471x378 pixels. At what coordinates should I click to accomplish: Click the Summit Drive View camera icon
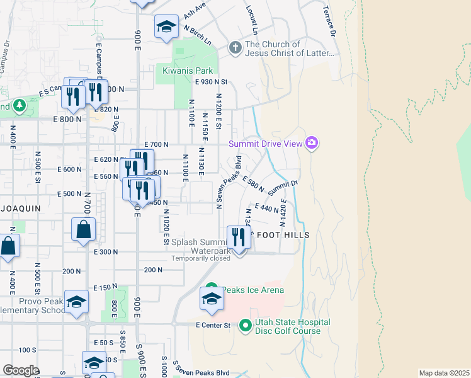pyautogui.click(x=311, y=144)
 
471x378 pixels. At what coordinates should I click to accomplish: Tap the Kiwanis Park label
pyautogui.click(x=188, y=71)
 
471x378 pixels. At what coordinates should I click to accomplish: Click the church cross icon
pyautogui.click(x=235, y=49)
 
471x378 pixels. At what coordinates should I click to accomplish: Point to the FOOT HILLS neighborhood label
pyautogui.click(x=282, y=235)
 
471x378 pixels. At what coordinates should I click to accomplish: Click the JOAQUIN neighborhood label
pyautogui.click(x=20, y=207)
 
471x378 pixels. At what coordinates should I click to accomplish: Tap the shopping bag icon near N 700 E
pyautogui.click(x=84, y=231)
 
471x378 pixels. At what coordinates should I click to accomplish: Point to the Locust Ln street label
pyautogui.click(x=253, y=21)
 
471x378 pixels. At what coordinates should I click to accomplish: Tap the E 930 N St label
pyautogui.click(x=211, y=82)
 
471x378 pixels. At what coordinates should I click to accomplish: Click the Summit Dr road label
pyautogui.click(x=282, y=187)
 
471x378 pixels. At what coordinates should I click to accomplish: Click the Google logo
pyautogui.click(x=21, y=370)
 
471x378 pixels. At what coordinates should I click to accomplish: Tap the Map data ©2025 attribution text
pyautogui.click(x=444, y=373)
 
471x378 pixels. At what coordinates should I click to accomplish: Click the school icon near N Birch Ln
pyautogui.click(x=166, y=26)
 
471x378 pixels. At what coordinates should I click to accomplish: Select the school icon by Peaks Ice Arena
pyautogui.click(x=212, y=299)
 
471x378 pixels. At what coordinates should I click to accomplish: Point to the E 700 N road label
pyautogui.click(x=156, y=144)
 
